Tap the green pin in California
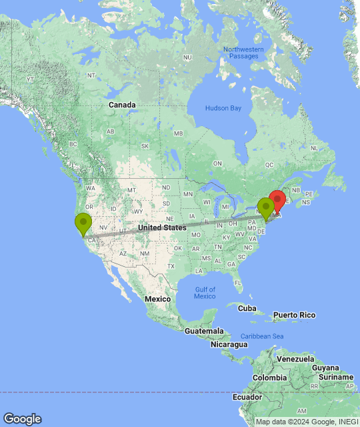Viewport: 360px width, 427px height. click(83, 222)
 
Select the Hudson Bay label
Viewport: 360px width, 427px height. click(223, 108)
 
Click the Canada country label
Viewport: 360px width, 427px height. click(122, 105)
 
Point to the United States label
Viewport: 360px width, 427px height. click(162, 228)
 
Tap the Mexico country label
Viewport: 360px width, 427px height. click(158, 299)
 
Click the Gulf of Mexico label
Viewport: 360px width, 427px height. click(205, 293)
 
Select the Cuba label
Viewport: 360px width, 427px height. click(247, 308)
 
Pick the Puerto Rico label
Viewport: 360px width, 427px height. click(294, 314)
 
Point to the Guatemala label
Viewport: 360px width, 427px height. click(203, 331)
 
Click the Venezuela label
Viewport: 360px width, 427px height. click(295, 359)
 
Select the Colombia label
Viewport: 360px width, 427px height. click(269, 378)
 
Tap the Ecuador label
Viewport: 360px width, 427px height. click(247, 397)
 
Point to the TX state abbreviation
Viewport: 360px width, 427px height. click(171, 266)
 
